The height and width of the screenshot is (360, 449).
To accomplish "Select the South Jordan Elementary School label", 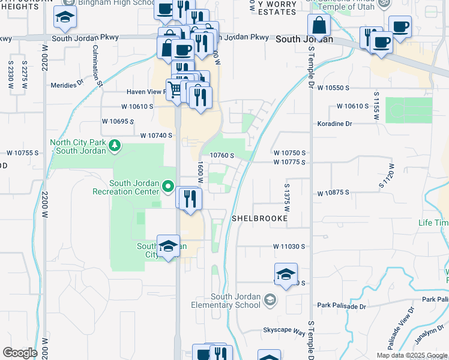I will coord(235,301).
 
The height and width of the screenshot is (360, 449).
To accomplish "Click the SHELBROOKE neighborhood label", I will coord(260,219).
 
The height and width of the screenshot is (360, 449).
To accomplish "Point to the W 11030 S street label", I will coord(289,247).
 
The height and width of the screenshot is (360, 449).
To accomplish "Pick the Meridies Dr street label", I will coord(67,85).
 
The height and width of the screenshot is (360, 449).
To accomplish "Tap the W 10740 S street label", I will coord(156,136).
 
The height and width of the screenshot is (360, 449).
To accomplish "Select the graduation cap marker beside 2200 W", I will coord(64,19).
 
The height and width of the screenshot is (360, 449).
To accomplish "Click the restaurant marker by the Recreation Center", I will coord(190,200).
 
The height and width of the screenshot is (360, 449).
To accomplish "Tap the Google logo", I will coord(20,353).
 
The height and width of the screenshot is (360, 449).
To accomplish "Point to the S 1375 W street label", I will coord(286,197).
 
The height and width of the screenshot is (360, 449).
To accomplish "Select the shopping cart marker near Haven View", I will coord(174,90).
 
